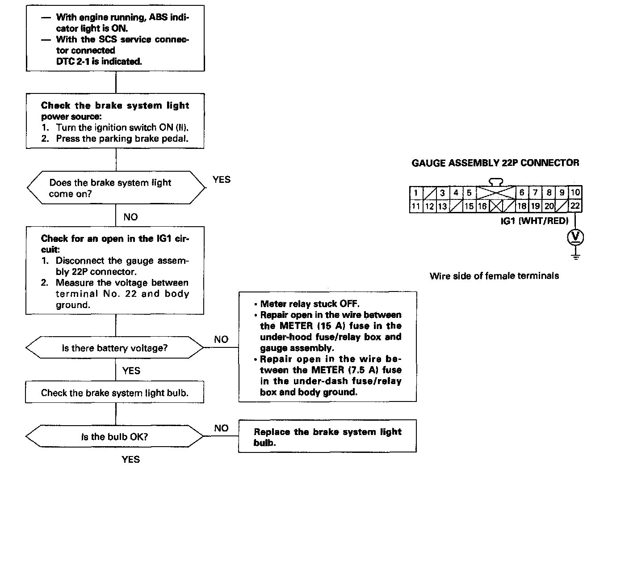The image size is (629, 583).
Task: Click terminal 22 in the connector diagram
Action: coord(575,206)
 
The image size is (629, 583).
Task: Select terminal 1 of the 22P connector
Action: coord(416,193)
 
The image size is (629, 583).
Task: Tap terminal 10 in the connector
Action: coord(575,193)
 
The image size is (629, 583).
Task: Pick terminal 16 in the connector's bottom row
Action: coord(482,206)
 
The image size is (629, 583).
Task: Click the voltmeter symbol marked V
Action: coord(575,237)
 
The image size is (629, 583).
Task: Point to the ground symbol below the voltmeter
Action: coord(576,256)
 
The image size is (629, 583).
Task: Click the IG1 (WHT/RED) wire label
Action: coord(534,221)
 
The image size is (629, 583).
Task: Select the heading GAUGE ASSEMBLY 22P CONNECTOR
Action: coord(495,163)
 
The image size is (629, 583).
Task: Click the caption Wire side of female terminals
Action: coord(494,276)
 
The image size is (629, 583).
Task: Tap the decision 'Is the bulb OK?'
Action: coord(114,437)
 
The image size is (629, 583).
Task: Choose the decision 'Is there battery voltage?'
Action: coord(114,348)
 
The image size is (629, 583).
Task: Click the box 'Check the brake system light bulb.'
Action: coord(114,393)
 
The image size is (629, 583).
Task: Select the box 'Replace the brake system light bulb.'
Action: coord(327,437)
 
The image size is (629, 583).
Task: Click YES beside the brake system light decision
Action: coord(222,180)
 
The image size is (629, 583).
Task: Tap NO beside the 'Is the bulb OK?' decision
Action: coord(221,428)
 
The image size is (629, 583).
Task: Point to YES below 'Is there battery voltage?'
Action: coord(131,371)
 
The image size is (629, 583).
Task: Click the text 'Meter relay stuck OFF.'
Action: coord(310,304)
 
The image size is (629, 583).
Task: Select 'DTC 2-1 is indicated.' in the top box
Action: coord(99,62)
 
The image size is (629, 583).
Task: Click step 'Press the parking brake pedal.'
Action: coord(122,139)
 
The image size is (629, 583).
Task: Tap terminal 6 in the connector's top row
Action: coord(521,193)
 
